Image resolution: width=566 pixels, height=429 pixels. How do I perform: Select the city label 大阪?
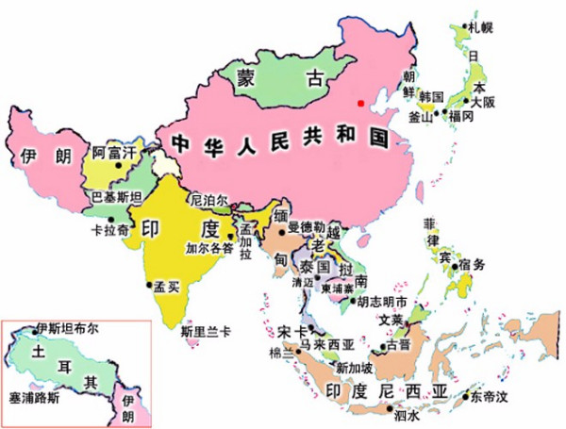[x=482, y=101]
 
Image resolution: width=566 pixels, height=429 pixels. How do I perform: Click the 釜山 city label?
[x=420, y=117]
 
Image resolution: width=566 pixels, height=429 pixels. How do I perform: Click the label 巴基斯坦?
[x=116, y=197]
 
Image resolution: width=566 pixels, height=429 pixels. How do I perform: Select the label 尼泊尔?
[x=209, y=200]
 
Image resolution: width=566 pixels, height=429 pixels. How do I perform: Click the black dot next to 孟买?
[x=148, y=285]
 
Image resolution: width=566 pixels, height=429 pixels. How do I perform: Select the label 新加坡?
[x=354, y=367]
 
